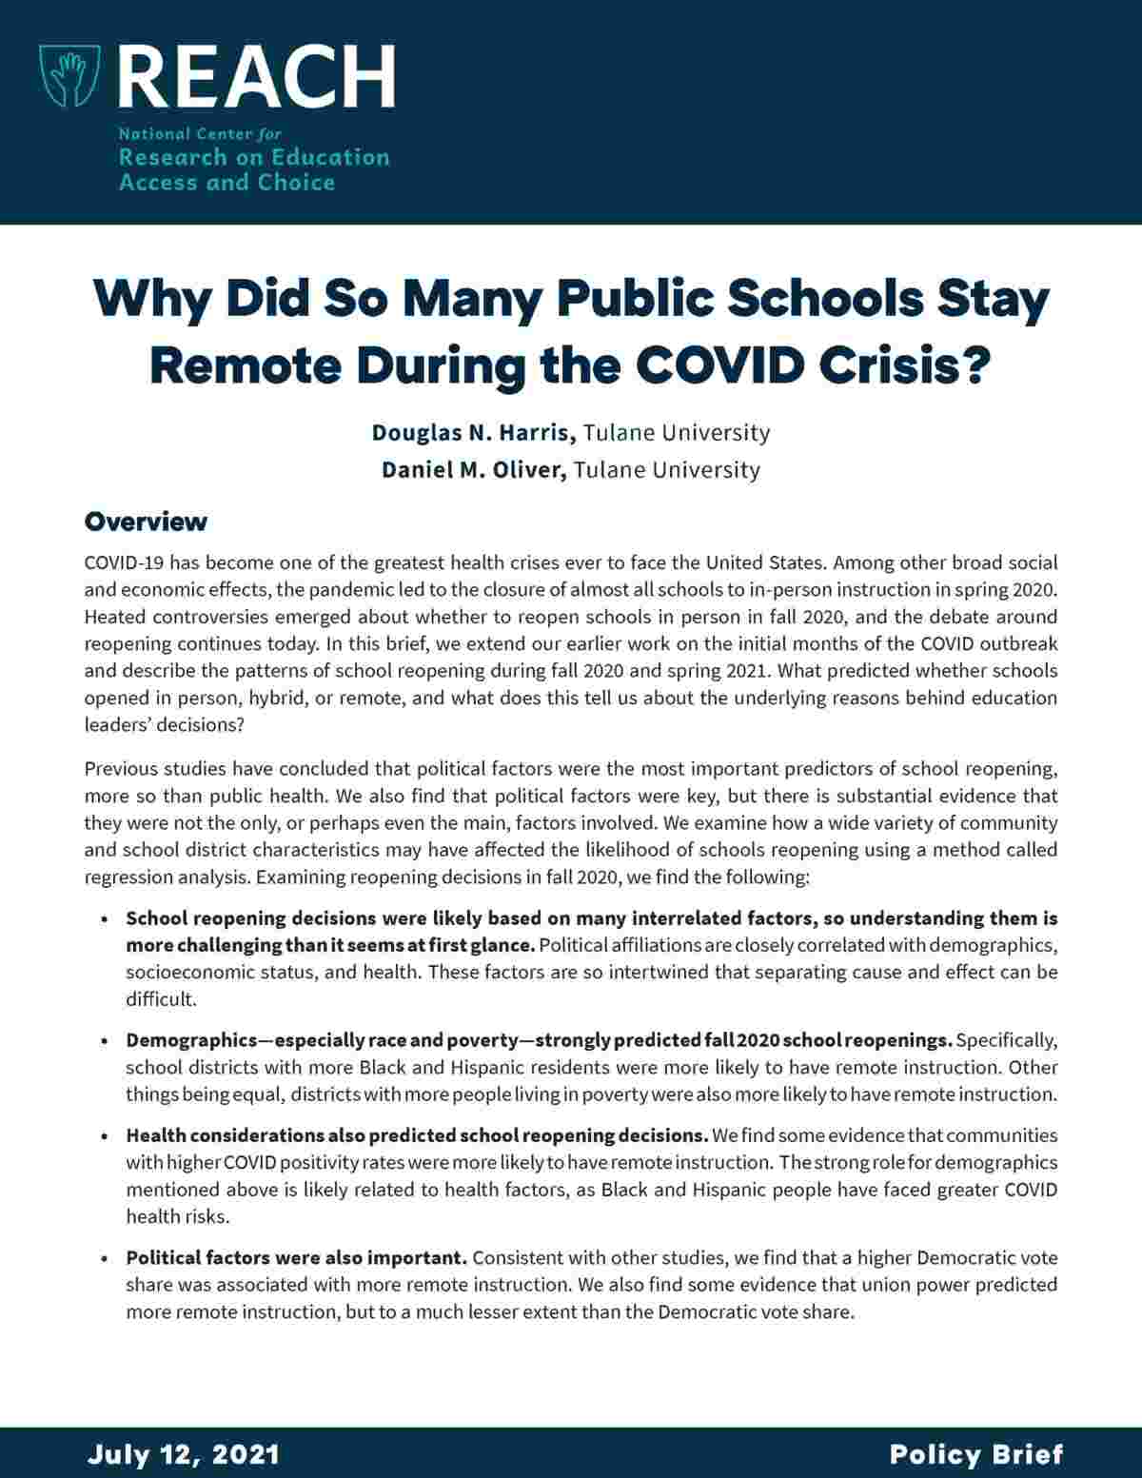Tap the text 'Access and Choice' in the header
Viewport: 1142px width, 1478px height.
pos(226,183)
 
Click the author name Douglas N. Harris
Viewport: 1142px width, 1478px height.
pos(473,433)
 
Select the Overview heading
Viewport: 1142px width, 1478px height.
pos(146,522)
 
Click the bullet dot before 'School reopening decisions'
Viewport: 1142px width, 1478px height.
pos(103,920)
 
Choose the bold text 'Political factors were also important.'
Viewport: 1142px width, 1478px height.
pos(296,1258)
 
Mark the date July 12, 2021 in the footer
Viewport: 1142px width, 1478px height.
pos(184,1455)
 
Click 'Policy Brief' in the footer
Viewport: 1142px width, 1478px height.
pos(975,1455)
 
